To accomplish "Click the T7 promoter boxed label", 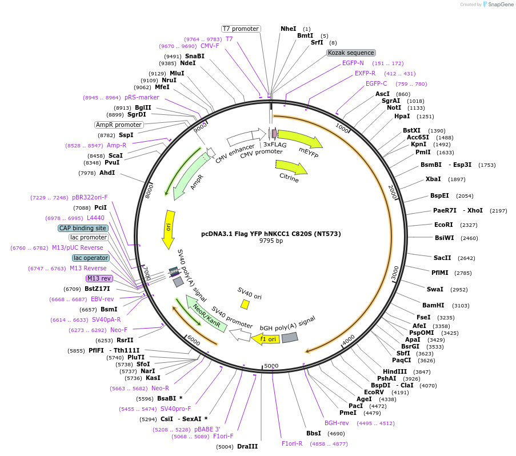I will [x=241, y=29].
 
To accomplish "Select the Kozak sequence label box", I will [x=351, y=53].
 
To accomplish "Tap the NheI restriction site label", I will [x=289, y=29].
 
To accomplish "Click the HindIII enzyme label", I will [x=395, y=371].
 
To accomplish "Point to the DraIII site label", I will [x=247, y=446].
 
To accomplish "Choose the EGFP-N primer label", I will [x=353, y=63].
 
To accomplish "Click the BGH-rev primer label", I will [x=337, y=423].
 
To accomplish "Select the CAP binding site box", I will [x=82, y=228].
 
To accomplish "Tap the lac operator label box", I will [x=90, y=258].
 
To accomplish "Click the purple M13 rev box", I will [x=99, y=278].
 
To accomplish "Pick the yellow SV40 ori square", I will [x=245, y=305].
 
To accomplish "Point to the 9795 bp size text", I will [x=271, y=241].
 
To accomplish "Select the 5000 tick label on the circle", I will [x=271, y=366].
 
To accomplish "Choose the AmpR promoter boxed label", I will [x=118, y=125].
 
